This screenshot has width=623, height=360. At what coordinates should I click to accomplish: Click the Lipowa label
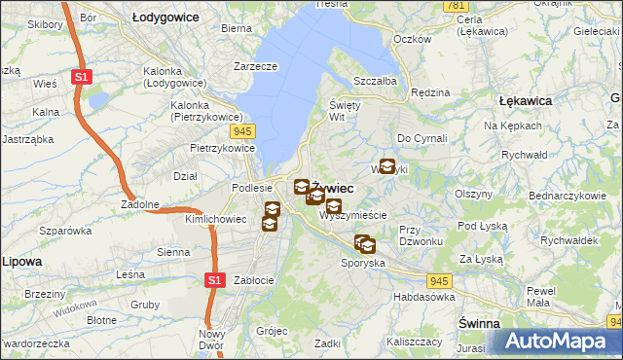point(21,262)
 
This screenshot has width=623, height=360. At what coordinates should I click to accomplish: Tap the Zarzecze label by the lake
point(255,67)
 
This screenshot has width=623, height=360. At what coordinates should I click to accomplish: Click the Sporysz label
point(362,263)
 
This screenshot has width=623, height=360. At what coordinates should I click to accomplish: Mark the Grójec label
point(272,330)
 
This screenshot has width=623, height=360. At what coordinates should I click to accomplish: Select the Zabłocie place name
point(252,280)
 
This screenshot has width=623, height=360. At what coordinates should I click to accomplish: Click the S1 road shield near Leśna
point(216,280)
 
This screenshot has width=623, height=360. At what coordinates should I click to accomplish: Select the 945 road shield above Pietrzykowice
point(243,129)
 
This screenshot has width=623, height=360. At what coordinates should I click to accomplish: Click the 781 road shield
point(454,6)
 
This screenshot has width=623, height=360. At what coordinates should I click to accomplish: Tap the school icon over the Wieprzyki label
point(387,166)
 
